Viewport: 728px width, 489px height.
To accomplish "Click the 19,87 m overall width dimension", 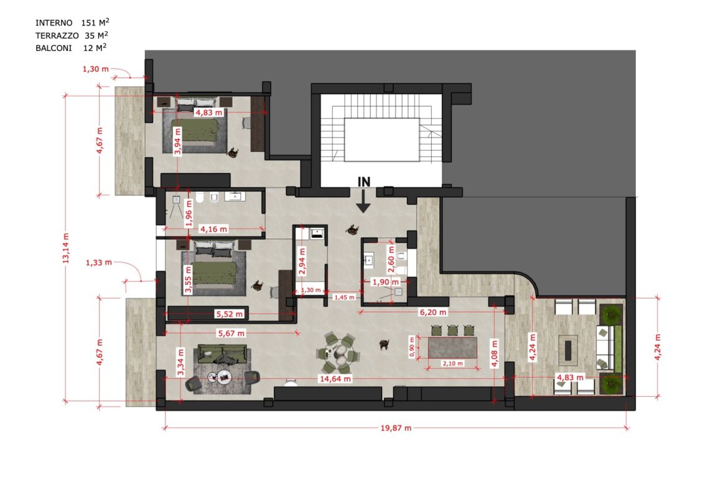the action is click(x=396, y=428).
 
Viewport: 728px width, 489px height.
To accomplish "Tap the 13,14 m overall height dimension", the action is click(x=65, y=248).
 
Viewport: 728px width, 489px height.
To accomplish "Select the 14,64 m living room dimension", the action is click(x=335, y=379).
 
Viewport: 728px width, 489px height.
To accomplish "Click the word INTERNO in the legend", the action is click(x=54, y=23).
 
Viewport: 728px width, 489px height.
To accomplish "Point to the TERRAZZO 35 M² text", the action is click(x=72, y=36).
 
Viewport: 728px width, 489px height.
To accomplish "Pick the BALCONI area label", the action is click(x=54, y=48).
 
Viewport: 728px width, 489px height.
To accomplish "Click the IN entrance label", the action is click(x=364, y=183).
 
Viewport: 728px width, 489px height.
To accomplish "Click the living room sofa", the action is click(x=222, y=354).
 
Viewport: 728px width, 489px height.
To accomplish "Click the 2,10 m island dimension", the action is click(x=453, y=364).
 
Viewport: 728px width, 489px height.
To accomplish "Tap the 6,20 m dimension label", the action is click(x=433, y=312).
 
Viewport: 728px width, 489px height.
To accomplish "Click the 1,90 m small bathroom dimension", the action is click(x=386, y=282).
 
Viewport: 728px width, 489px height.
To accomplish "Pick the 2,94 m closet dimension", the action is click(x=302, y=262).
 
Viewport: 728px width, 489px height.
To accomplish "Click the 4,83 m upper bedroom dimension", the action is click(x=208, y=113).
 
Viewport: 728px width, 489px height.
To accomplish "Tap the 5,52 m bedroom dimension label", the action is click(x=230, y=314).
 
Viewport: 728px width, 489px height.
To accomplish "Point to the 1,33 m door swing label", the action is click(x=99, y=263).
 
